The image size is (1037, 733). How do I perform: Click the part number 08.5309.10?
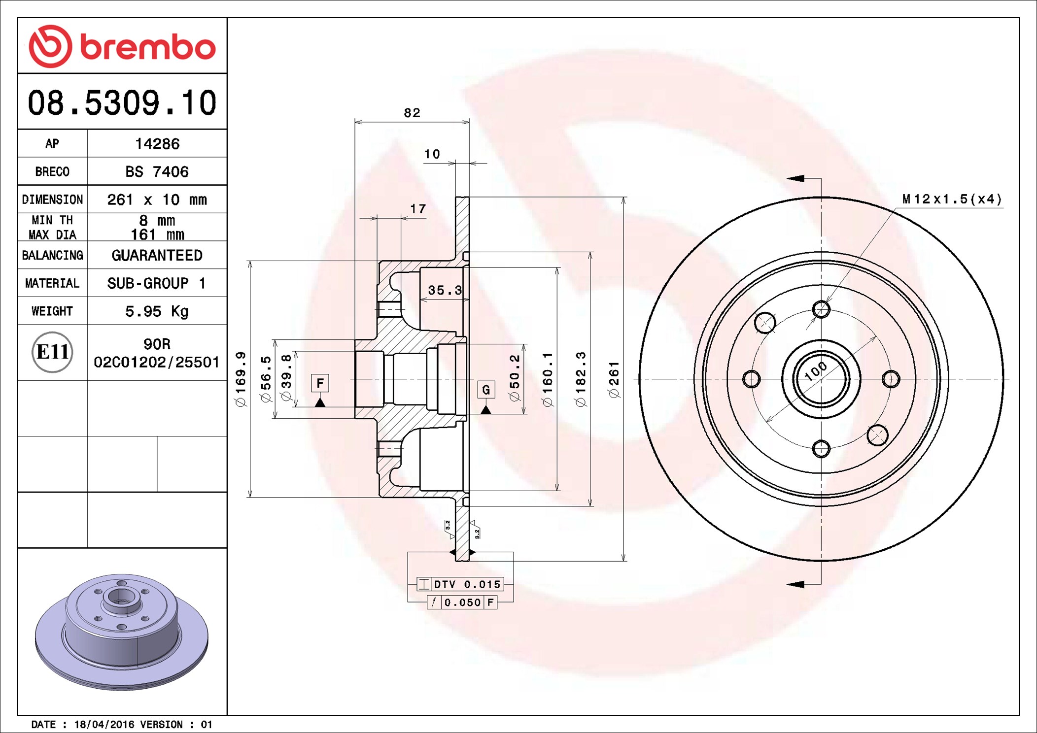pyautogui.click(x=122, y=103)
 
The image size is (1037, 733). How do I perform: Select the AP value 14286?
pyautogui.click(x=157, y=144)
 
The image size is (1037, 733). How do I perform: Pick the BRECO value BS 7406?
pyautogui.click(x=157, y=171)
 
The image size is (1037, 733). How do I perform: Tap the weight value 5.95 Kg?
pyautogui.click(x=157, y=311)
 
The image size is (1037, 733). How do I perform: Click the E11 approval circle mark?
pyautogui.click(x=52, y=352)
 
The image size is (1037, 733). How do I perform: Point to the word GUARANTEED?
pyautogui.click(x=157, y=255)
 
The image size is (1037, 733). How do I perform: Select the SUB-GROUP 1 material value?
pyautogui.click(x=157, y=283)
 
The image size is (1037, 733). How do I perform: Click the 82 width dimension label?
pyautogui.click(x=412, y=113)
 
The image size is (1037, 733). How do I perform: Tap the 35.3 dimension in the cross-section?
pyautogui.click(x=445, y=290)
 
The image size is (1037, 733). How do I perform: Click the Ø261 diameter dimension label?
pyautogui.click(x=614, y=379)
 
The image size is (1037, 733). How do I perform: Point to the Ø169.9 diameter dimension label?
pyautogui.click(x=240, y=379)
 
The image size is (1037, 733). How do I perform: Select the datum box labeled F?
pyautogui.click(x=320, y=383)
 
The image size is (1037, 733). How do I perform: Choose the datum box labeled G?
pyautogui.click(x=486, y=390)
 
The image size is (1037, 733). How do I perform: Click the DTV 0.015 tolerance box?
pyautogui.click(x=460, y=584)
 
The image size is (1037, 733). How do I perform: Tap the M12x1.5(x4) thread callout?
pyautogui.click(x=952, y=199)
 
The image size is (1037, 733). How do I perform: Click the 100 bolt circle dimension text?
pyautogui.click(x=816, y=371)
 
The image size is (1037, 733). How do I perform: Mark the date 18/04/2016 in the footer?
pyautogui.click(x=104, y=725)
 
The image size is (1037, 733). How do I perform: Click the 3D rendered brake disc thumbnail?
pyautogui.click(x=122, y=632)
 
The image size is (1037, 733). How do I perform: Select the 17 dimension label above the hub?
pyautogui.click(x=418, y=209)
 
